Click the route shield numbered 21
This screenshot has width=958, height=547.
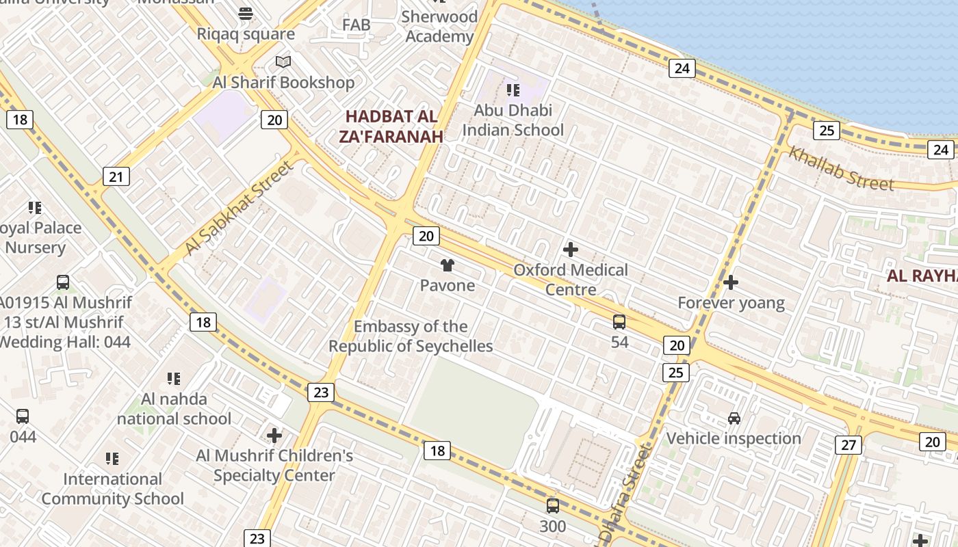[x=116, y=177]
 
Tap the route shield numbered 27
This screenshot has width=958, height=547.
[x=849, y=445]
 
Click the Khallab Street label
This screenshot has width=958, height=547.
[x=841, y=168]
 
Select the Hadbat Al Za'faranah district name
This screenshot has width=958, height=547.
[x=391, y=126]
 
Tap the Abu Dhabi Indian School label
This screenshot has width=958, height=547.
[x=513, y=120]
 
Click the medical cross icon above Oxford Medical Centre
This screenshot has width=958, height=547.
[x=570, y=250]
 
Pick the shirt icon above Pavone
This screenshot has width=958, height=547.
[x=447, y=265]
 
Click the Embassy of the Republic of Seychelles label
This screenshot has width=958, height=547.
[x=411, y=336]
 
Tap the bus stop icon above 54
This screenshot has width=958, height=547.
[x=619, y=321]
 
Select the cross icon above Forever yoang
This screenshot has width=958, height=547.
[x=731, y=282]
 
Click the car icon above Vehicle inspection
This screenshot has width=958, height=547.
[x=734, y=418]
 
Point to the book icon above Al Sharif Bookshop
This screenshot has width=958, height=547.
[x=283, y=62]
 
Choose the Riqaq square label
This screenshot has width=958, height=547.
[x=246, y=34]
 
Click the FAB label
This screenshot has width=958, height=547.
[x=356, y=25]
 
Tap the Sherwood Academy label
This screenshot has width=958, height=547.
[x=439, y=26]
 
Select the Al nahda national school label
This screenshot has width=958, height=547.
[x=174, y=408]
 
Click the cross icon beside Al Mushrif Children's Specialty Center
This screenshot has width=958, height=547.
[x=274, y=435]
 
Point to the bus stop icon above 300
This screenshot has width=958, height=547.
[x=553, y=506]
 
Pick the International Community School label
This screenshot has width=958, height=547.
[x=112, y=488]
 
